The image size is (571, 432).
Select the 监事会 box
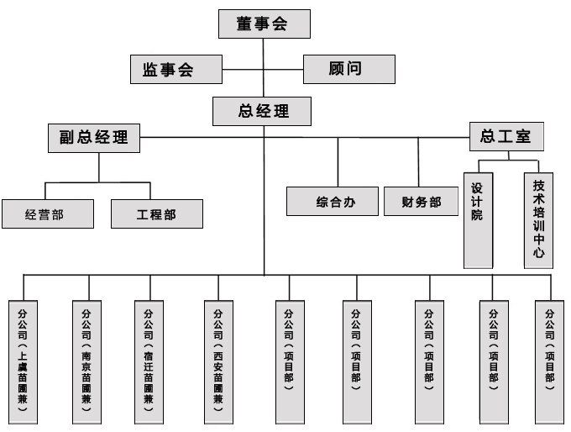175,70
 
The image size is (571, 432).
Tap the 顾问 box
348,69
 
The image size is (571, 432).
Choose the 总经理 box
263,110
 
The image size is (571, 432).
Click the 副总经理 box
93,137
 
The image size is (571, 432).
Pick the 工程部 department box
156,214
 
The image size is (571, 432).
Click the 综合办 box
335,202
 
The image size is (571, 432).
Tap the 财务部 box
421,202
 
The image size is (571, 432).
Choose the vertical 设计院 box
477,219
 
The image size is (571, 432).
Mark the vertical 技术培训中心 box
538,219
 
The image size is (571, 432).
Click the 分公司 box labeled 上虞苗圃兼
23,359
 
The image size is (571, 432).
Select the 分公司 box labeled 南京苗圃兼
86,359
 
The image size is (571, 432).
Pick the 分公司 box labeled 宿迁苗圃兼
149,359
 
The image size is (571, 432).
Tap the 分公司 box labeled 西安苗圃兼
218,359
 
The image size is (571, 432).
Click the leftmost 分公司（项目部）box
290,359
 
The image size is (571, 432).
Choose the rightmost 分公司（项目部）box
549,359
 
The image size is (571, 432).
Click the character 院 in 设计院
477,216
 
